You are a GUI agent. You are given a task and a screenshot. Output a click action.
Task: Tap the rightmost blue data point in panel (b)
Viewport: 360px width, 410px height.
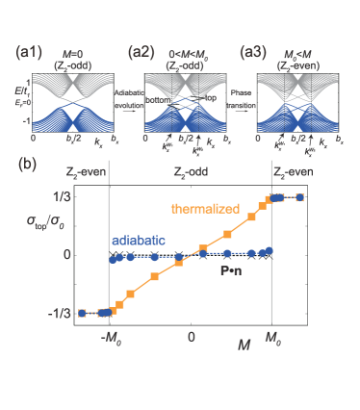point(300,197)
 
